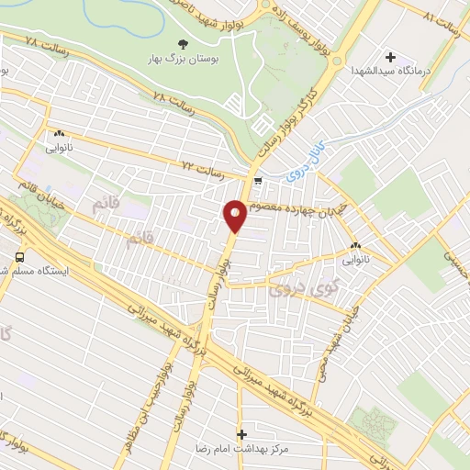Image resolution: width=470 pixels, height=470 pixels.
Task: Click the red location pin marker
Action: pos(235,216)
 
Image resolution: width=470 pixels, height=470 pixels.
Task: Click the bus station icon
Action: pos(20,257)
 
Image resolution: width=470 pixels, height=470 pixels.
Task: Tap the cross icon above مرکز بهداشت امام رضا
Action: pos(242,433)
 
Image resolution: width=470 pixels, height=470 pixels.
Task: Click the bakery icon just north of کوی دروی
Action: pos(355,246)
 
